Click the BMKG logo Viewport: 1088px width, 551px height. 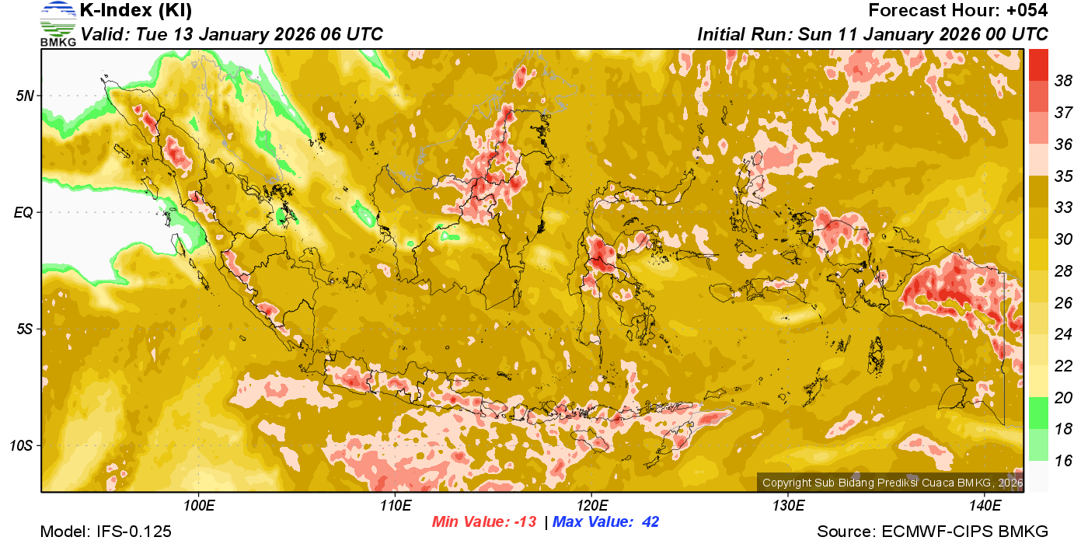58,23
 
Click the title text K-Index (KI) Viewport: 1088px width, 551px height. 136,11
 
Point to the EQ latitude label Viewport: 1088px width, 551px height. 24,212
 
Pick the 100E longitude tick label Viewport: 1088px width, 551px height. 199,506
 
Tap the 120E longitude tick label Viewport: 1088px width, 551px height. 591,506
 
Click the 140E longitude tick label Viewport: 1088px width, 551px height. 985,506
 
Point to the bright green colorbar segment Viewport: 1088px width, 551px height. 1039,413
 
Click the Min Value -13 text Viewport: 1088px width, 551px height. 484,522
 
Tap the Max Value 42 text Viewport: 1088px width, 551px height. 605,522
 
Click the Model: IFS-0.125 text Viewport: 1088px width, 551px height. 106,532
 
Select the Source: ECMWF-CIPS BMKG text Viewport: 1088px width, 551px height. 933,532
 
